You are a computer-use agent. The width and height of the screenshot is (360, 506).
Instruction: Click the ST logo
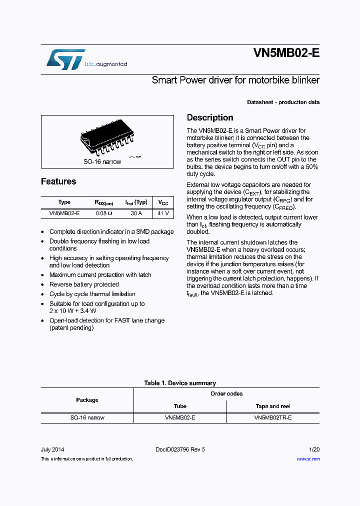coord(65,59)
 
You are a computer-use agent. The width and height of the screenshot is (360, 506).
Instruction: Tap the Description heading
coord(210,118)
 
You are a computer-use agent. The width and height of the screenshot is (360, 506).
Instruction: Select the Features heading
coord(58,181)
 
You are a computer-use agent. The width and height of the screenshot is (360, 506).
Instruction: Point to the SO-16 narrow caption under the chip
coord(102,161)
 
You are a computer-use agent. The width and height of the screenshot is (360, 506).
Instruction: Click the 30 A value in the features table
coord(135,213)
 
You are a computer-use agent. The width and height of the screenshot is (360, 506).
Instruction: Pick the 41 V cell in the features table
coord(163,213)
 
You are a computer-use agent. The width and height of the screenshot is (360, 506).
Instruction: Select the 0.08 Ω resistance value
coord(104,213)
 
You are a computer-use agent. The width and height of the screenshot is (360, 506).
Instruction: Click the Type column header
coord(64,202)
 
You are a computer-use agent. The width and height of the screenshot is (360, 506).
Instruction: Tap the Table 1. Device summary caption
coord(180,383)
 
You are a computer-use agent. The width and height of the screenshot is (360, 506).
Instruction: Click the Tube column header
coord(180,406)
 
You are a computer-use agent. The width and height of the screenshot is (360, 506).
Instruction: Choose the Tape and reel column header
coord(273,406)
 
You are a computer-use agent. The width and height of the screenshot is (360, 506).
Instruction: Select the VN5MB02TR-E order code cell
coord(273,417)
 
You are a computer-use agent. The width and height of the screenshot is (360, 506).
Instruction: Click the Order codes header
coord(226,393)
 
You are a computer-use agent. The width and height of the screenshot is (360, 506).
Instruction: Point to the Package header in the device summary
coord(87,400)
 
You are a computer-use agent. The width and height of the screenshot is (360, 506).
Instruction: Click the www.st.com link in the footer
coord(308,458)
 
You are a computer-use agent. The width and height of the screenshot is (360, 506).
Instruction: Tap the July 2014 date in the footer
coord(52,449)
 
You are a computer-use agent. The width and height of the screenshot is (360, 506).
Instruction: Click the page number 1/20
coord(314,449)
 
